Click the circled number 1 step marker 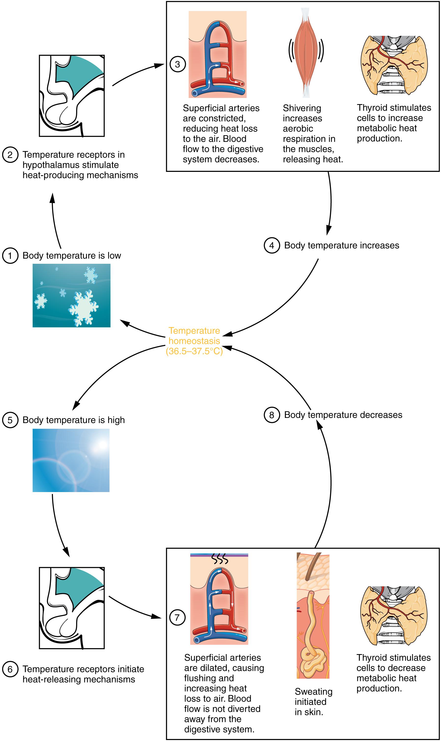coord(10,256)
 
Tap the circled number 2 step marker coord(10,155)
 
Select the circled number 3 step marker coord(177,64)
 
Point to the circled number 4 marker coord(272,246)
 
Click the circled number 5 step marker coord(10,420)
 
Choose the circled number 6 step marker coord(10,669)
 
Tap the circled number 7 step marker coord(177,617)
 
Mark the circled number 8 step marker coord(272,415)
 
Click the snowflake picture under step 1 coord(71,296)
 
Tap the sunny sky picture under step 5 coord(71,460)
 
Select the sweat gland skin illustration coord(313,617)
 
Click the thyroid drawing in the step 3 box coord(394,65)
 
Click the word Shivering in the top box coord(302,108)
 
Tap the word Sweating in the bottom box coord(313,692)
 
